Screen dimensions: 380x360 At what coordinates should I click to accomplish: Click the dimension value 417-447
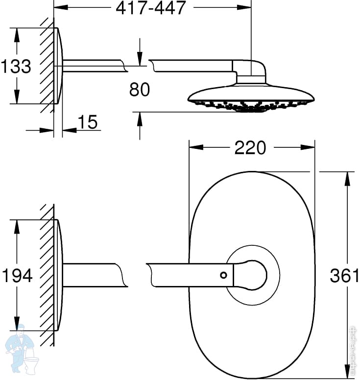point(151,8)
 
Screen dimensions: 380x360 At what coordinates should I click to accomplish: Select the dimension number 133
point(16,66)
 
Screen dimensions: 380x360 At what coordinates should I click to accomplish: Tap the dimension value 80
point(140,89)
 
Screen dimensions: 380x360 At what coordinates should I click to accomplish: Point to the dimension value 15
point(88,122)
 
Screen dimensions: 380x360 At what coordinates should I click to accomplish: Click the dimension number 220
point(250,147)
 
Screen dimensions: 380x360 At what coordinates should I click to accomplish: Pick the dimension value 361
point(344,276)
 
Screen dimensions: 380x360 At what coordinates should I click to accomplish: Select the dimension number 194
point(16,276)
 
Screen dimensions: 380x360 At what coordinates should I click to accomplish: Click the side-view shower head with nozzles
point(250,98)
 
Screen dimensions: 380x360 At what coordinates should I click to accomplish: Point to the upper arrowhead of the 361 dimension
point(348,177)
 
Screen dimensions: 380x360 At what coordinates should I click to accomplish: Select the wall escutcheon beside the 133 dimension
point(59,66)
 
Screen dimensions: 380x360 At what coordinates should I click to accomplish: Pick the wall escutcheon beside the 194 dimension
point(59,275)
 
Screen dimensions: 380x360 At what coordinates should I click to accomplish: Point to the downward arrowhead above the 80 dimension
point(140,59)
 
